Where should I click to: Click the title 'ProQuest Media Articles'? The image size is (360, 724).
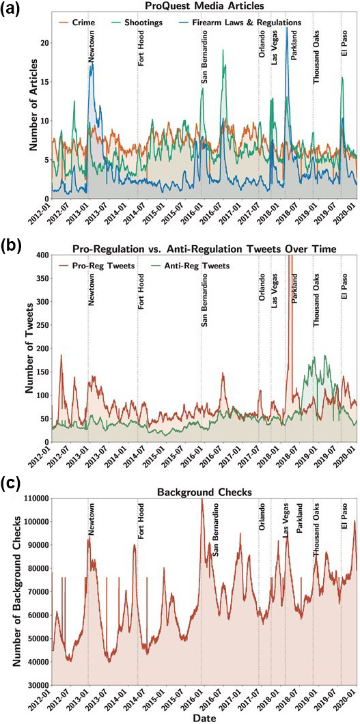pos(205,6)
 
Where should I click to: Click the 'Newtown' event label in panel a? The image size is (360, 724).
pos(92,48)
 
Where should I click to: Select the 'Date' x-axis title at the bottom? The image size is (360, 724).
pos(205,717)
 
